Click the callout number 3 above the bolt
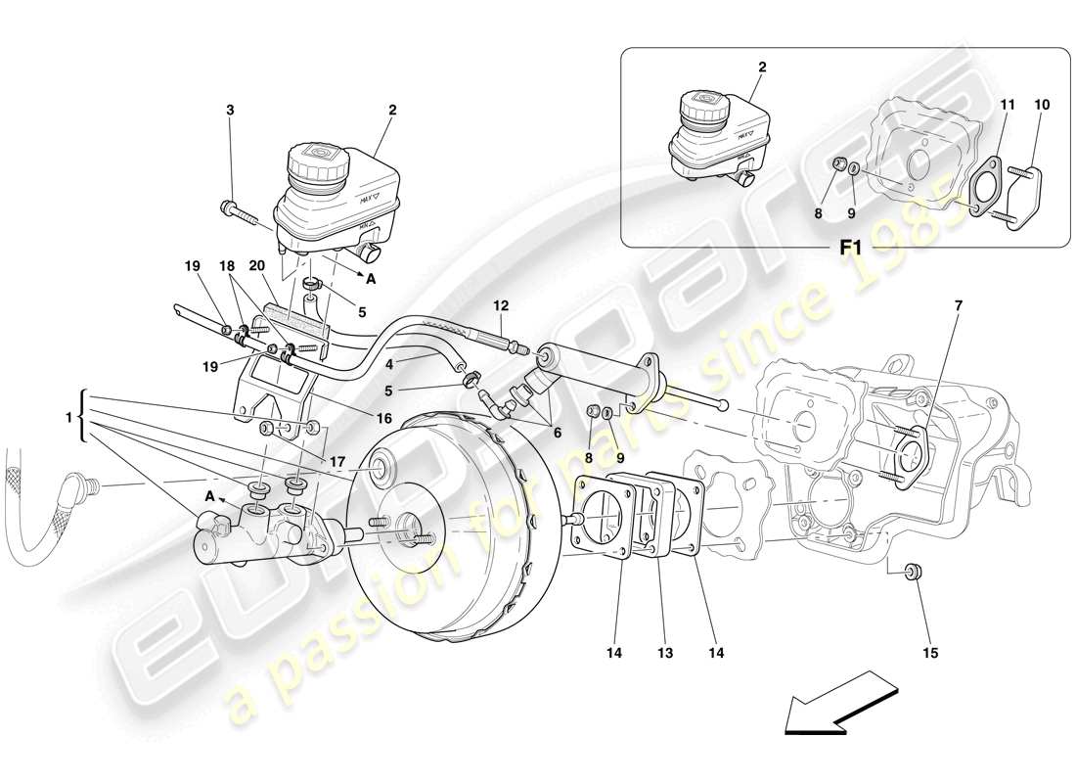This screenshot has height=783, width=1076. coord(230,111)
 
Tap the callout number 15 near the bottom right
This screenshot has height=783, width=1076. coord(929,652)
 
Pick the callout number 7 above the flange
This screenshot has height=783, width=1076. coord(958,306)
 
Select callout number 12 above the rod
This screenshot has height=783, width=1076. coord(501,305)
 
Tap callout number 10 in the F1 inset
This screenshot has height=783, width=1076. coord(1041,103)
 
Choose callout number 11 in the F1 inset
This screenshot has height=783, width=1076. coord(1008,103)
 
